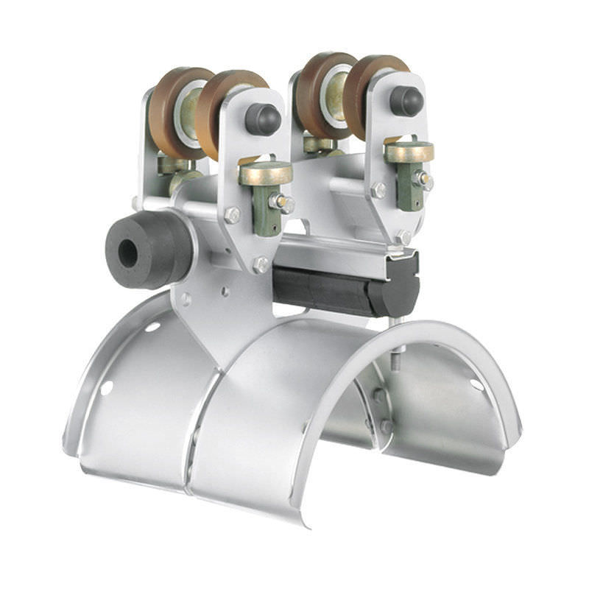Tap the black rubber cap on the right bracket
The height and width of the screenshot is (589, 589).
(406, 101)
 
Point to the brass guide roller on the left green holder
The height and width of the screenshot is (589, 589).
(265, 173)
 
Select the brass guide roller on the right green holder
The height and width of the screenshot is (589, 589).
(409, 152)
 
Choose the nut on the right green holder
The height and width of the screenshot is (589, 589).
(425, 180)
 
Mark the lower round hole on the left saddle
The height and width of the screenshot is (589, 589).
(107, 387)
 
